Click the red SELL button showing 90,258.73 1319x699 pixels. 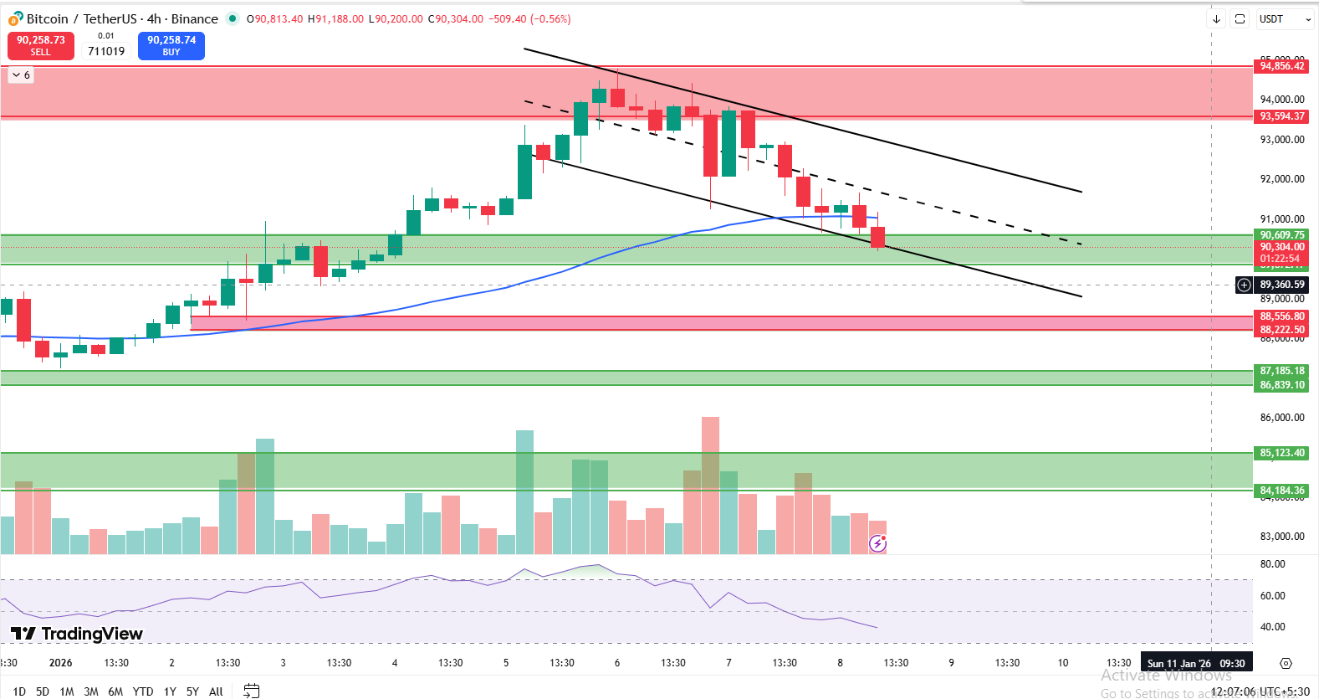click(41, 46)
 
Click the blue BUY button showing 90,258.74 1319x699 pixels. click(171, 46)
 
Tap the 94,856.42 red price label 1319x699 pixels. click(1281, 66)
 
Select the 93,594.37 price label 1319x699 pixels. click(1281, 116)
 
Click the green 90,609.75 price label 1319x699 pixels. click(1281, 235)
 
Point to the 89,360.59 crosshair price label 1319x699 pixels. click(1281, 285)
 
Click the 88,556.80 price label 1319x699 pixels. click(1281, 316)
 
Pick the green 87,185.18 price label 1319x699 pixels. click(1281, 371)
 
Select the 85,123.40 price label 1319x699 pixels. click(1281, 453)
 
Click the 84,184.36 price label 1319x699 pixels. click(1281, 491)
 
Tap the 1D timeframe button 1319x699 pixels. click(19, 691)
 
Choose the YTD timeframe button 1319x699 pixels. click(143, 691)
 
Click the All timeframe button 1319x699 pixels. click(216, 691)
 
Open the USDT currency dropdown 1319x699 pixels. click(1285, 19)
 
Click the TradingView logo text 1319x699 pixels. click(78, 634)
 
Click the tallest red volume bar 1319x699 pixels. click(710, 486)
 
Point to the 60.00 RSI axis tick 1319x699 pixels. click(1272, 596)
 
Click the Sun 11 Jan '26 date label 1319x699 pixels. click(1196, 663)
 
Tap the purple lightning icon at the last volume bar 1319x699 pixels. click(877, 544)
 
